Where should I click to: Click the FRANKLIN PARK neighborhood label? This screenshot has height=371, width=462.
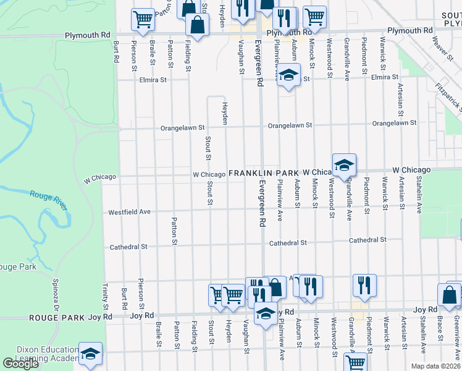pyautogui.click(x=264, y=174)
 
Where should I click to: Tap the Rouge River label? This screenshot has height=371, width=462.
pyautogui.click(x=47, y=196)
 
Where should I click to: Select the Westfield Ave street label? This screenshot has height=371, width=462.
pyautogui.click(x=130, y=212)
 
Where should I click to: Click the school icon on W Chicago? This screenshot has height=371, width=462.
pyautogui.click(x=344, y=165)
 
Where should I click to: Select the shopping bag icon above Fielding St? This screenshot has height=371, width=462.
pyautogui.click(x=197, y=25)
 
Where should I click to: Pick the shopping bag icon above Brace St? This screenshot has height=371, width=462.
pyautogui.click(x=449, y=295)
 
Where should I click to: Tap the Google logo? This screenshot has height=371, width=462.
pyautogui.click(x=20, y=364)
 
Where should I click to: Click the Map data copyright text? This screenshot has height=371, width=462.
pyautogui.click(x=435, y=366)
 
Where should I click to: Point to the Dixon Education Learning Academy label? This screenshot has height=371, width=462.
pyautogui.click(x=38, y=354)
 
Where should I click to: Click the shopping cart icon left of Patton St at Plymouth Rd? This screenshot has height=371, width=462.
pyautogui.click(x=143, y=19)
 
